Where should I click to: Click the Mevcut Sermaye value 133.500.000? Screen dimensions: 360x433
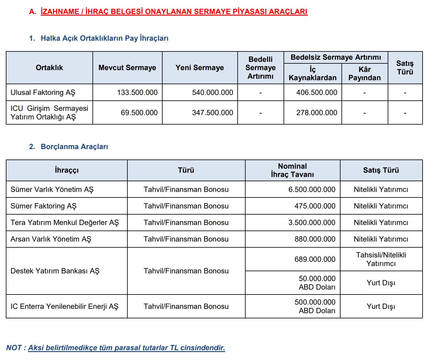click(137, 92)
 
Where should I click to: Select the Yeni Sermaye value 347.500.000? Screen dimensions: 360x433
click(213, 113)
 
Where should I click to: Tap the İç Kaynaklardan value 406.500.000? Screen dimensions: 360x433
click(317, 92)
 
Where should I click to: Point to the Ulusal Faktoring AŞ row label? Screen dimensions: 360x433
click(43, 92)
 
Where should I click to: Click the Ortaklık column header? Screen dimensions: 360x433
click(49, 68)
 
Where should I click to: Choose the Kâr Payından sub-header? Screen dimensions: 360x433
click(364, 74)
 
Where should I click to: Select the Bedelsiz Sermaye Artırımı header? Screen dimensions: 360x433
click(336, 58)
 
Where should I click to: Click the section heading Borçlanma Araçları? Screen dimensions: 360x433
click(74, 147)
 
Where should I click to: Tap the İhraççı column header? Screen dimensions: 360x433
click(67, 170)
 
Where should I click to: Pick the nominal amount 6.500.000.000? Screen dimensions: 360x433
click(312, 189)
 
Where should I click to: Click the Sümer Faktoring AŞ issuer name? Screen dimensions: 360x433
click(43, 206)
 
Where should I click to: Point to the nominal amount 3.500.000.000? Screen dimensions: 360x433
click(312, 223)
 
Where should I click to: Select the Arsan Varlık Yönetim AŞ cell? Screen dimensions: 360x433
click(51, 239)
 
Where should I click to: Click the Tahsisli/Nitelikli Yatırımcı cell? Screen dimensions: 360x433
click(381, 259)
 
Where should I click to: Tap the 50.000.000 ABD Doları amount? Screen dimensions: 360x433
click(317, 283)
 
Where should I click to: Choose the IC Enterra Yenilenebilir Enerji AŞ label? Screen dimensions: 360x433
click(64, 306)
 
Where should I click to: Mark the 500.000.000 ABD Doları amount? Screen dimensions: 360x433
click(315, 306)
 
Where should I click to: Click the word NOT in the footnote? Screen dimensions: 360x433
click(14, 348)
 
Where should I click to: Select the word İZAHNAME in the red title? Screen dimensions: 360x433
click(60, 12)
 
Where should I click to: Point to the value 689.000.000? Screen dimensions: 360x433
click(315, 259)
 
